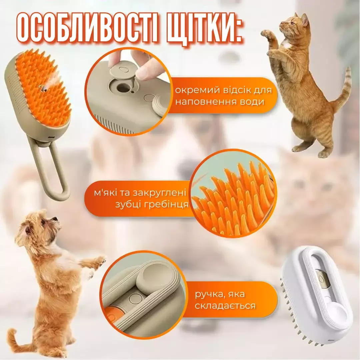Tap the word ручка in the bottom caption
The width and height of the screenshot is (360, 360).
[210, 294]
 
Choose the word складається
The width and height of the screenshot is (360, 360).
[225, 306]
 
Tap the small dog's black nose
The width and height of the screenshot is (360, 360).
[56, 219]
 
